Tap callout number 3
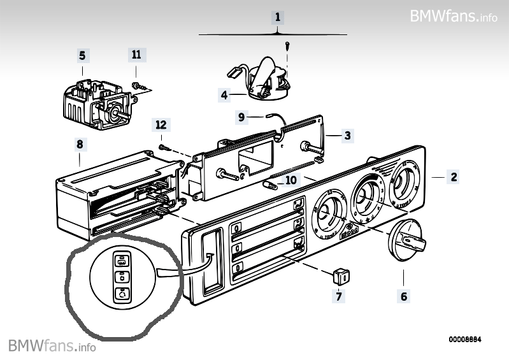coord(347,135)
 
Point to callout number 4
coord(224,95)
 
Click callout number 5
coord(82,55)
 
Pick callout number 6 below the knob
coord(404,296)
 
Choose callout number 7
coord(339,296)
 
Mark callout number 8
coord(80,145)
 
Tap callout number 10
coord(291,180)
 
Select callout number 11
coord(136,55)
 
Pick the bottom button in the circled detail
coord(121,294)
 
